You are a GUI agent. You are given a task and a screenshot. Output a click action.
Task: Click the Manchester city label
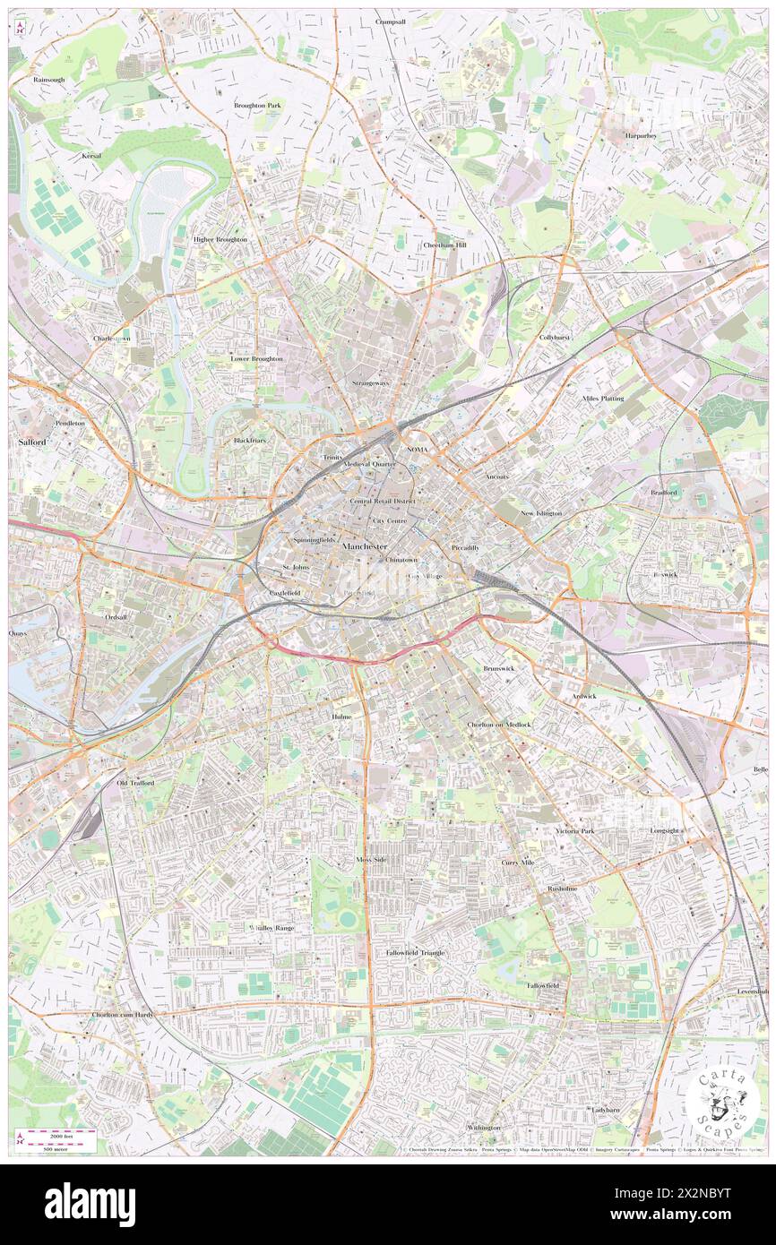coord(365,545)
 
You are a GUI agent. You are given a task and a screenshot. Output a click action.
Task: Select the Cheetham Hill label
coord(445,245)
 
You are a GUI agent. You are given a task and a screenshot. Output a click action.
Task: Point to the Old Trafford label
coord(135,783)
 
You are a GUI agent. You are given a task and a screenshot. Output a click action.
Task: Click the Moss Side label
coord(371,859)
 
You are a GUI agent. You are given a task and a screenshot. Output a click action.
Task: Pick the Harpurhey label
coord(641,135)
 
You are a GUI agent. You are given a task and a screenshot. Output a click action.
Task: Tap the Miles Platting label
coord(602,398)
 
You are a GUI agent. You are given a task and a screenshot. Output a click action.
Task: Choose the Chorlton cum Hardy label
coord(123,1015)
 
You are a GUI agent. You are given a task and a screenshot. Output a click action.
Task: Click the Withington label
coord(484,1127)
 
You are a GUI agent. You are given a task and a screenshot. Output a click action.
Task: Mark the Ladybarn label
coord(606,1109)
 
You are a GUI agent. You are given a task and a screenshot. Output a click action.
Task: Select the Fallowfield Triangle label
coord(415,952)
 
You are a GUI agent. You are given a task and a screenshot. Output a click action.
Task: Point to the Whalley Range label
coord(272,927)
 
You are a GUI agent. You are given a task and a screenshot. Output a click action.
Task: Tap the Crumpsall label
coord(391,21)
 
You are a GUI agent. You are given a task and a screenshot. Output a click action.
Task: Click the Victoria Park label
coord(574,831)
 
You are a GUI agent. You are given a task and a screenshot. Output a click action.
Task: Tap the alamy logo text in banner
coord(90,1204)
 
